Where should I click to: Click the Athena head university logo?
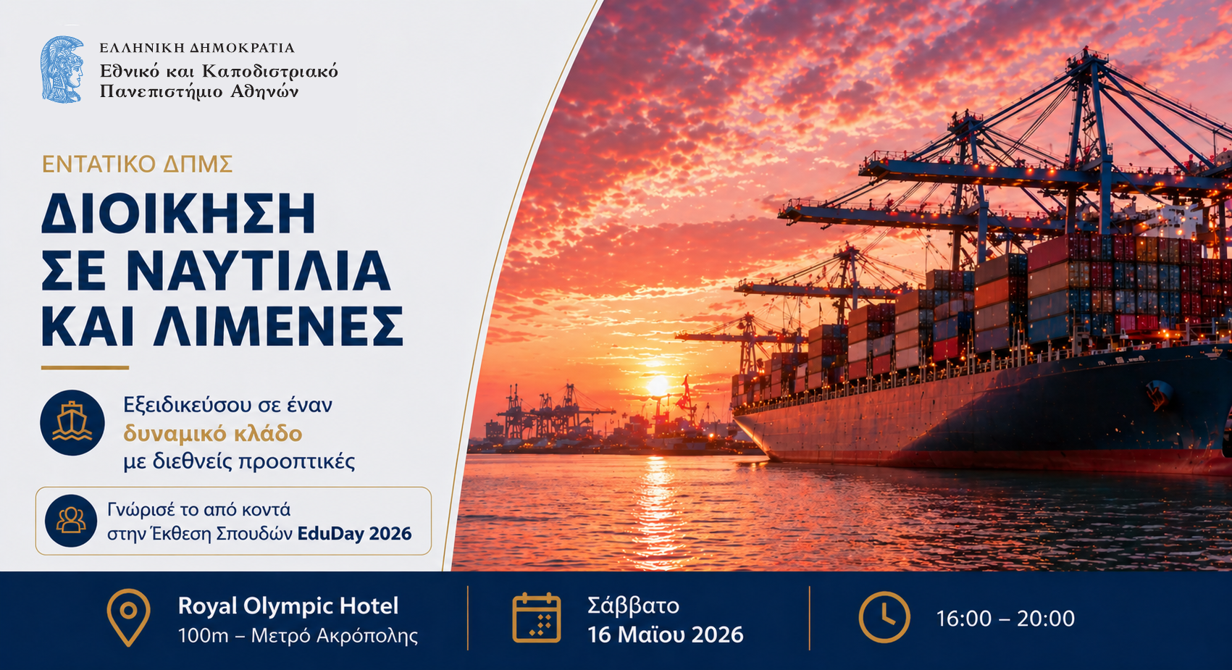pyautogui.click(x=62, y=70)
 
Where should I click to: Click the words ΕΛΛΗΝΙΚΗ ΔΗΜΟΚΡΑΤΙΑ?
pyautogui.click(x=197, y=48)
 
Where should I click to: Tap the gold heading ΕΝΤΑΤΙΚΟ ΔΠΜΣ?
pyautogui.click(x=138, y=164)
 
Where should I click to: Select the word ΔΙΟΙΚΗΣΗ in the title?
pyautogui.click(x=178, y=214)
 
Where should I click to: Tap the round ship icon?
pyautogui.click(x=72, y=422)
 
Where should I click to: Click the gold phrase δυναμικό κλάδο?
pyautogui.click(x=213, y=433)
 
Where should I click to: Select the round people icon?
pyautogui.click(x=71, y=520)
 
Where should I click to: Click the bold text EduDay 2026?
pyautogui.click(x=355, y=534)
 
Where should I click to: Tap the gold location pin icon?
pyautogui.click(x=128, y=618)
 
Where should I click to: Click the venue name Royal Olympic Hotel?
pyautogui.click(x=288, y=606)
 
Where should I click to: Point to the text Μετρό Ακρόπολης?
pyautogui.click(x=335, y=636)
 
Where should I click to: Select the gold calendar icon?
pyautogui.click(x=536, y=618)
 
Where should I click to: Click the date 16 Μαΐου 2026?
pyautogui.click(x=666, y=635)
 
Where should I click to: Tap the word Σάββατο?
pyautogui.click(x=634, y=606)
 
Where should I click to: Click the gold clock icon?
pyautogui.click(x=884, y=617)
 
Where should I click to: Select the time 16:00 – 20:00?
pyautogui.click(x=1005, y=619)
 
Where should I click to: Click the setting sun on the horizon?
pyautogui.click(x=657, y=385)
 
